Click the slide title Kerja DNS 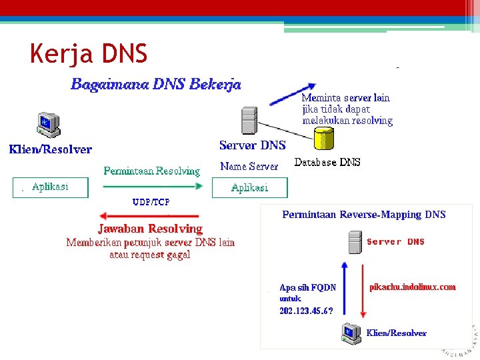(89, 53)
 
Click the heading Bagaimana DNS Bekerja (156, 85)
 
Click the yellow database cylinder (323, 139)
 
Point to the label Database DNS (327, 162)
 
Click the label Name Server (249, 166)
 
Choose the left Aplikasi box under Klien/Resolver (50, 187)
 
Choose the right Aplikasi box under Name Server (249, 187)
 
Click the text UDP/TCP (151, 201)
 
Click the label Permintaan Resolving (151, 171)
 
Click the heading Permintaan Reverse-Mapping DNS (363, 215)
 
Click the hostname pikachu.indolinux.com (412, 287)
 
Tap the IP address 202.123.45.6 (305, 310)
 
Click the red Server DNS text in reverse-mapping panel (395, 241)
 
